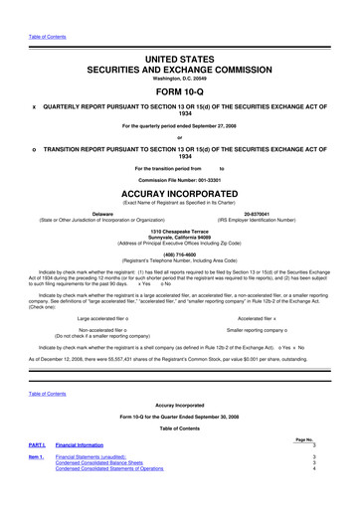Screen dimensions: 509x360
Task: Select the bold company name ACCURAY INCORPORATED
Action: (x=180, y=194)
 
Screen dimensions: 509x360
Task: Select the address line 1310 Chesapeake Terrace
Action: (x=180, y=231)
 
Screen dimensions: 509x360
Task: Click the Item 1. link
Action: (x=37, y=481)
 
